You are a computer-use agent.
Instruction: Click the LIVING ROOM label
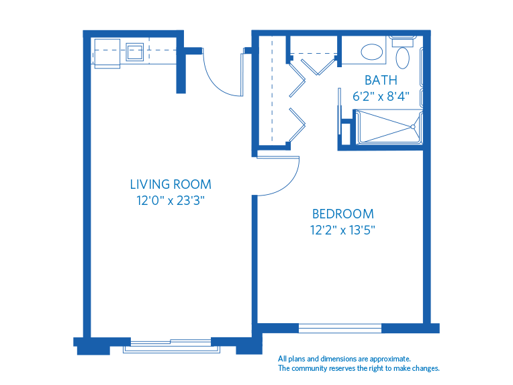coord(171,184)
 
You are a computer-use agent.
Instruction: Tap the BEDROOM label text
coord(343,214)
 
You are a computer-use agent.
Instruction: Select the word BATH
coord(380,80)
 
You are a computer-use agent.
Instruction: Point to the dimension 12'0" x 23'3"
coord(171,200)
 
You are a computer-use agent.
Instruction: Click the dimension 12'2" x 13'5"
coord(343,230)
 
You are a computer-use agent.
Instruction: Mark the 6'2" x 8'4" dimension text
coord(380,96)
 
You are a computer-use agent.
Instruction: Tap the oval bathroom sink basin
coord(371,52)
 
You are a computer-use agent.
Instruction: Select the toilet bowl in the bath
coord(403,58)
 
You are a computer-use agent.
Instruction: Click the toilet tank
coord(403,41)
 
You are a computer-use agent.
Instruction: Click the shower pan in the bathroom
coord(388,126)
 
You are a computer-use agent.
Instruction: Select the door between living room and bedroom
coord(279,176)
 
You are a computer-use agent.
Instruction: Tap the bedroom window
coord(340,329)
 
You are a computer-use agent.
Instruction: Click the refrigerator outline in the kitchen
coord(106,52)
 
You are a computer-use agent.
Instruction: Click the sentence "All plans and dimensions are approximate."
coord(344,359)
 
